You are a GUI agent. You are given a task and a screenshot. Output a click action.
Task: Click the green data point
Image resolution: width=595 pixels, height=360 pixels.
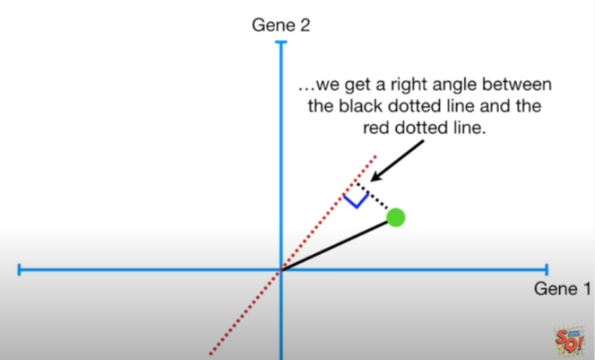click(x=395, y=217)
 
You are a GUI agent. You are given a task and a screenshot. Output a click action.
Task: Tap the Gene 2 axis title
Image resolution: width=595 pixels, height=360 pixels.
click(x=281, y=25)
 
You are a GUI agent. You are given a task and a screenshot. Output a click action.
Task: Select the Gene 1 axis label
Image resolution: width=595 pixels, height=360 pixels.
click(x=561, y=289)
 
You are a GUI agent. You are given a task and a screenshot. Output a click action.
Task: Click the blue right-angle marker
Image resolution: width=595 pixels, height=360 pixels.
click(x=356, y=199)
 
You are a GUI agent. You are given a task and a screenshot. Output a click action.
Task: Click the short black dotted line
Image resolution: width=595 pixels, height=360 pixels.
click(x=377, y=202)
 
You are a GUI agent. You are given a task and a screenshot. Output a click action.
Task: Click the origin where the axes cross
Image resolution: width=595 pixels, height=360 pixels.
click(x=282, y=270)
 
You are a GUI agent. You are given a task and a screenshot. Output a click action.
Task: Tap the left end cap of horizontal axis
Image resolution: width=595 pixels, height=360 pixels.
click(x=19, y=270)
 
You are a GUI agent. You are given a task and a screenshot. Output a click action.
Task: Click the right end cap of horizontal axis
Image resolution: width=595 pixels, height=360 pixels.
click(x=547, y=270)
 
